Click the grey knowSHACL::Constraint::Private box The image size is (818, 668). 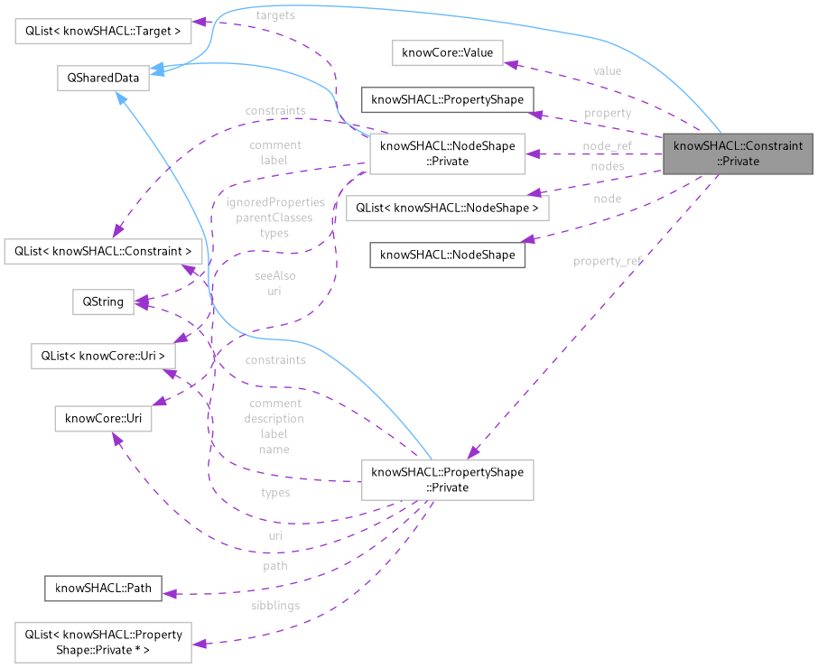(739, 153)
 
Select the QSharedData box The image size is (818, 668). (98, 78)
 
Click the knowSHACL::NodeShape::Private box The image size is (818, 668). (446, 153)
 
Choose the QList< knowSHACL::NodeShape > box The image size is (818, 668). (447, 208)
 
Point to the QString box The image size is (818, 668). (103, 302)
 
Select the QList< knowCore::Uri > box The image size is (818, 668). (103, 356)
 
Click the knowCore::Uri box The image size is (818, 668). (103, 419)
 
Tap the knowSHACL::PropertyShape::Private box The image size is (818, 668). (446, 479)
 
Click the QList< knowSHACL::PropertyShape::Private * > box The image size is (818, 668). (98, 641)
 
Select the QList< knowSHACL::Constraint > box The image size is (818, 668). (98, 249)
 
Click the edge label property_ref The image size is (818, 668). (608, 261)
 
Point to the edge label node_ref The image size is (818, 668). (607, 145)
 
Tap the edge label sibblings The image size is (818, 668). (275, 606)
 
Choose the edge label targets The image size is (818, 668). (275, 15)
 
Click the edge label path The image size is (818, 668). (275, 566)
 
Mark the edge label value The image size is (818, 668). (607, 70)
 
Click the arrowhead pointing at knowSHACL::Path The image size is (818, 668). (168, 593)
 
